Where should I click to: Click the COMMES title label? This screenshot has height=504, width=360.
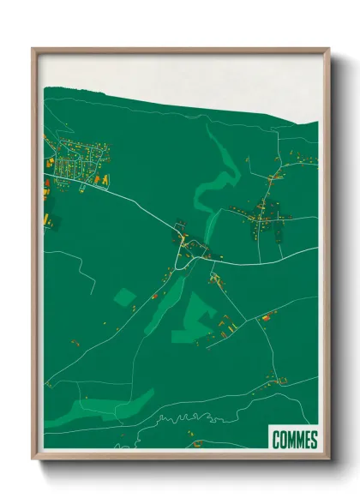294,441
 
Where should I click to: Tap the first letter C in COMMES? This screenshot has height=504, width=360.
275,441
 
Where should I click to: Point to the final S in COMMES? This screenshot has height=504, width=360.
314,441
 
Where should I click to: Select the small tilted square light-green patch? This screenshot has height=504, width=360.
125,297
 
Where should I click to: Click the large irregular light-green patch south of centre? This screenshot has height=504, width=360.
195,319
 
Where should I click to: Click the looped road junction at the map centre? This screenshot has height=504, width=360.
190,250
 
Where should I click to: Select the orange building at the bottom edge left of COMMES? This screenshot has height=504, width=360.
199,444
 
